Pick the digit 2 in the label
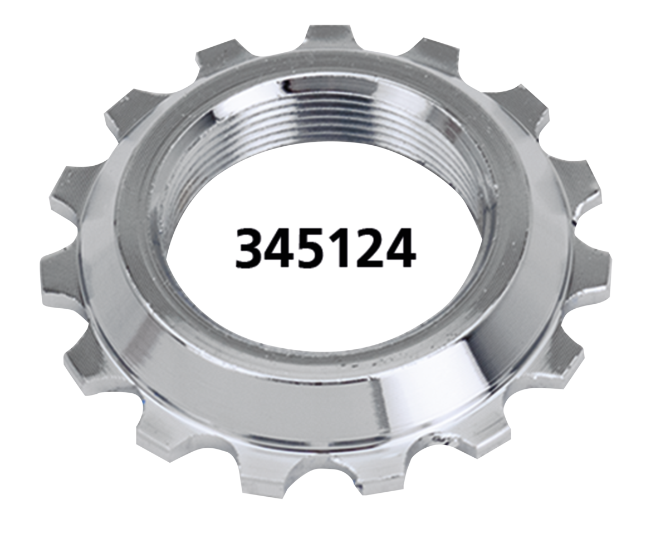point(367,248)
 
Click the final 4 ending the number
point(399,248)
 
